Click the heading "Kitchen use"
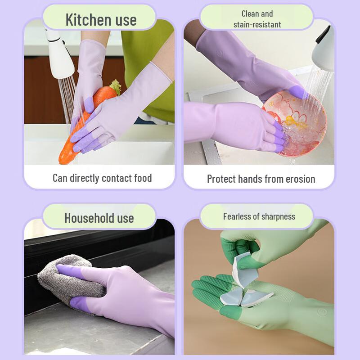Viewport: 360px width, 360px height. click(x=100, y=20)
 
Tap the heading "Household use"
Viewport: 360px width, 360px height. click(x=99, y=218)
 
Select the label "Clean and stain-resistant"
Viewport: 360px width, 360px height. click(x=257, y=19)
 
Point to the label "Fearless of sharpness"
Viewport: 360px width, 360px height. click(x=259, y=216)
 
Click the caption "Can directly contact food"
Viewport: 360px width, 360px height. click(x=102, y=178)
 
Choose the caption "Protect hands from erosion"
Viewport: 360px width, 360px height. click(x=261, y=179)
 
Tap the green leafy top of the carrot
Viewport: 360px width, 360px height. click(x=114, y=87)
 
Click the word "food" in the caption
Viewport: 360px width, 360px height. click(x=143, y=178)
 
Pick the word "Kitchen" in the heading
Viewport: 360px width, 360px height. click(x=85, y=20)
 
